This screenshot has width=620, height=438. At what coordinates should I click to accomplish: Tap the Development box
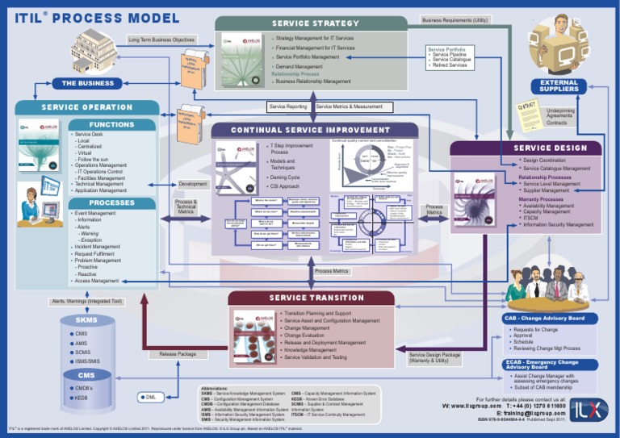coord(192,184)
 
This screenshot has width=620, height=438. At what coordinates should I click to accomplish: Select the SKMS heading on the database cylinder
coord(86,320)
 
